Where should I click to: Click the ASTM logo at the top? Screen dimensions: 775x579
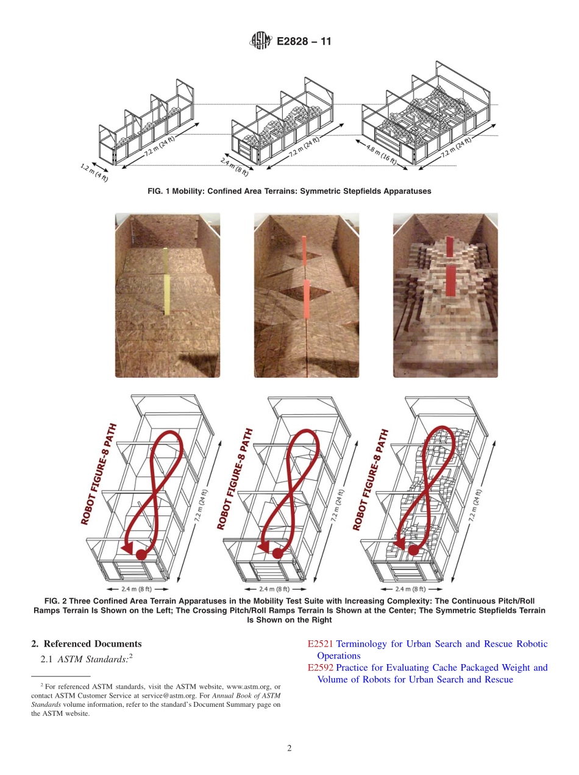pos(260,41)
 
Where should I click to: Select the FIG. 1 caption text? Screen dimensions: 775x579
pos(289,191)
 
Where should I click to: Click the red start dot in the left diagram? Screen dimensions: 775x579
pos(141,554)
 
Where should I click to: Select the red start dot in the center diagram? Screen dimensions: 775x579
pos(277,553)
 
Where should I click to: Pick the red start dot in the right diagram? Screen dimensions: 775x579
pos(413,550)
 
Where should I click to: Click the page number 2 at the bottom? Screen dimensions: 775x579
pos(289,748)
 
